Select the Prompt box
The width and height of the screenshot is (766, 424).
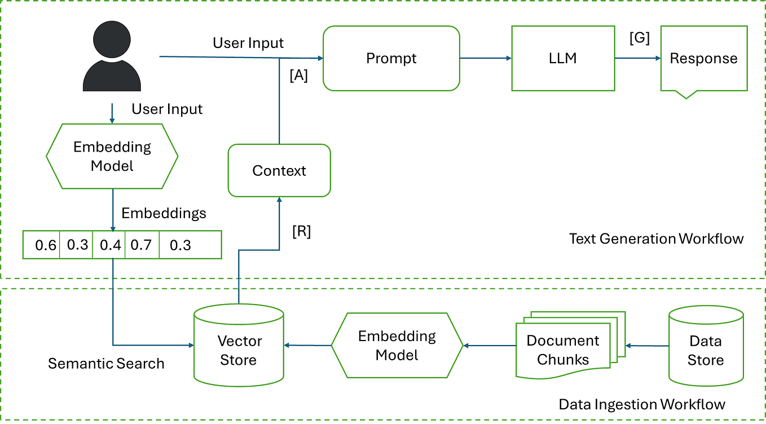tap(391, 58)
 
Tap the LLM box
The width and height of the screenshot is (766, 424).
tap(562, 58)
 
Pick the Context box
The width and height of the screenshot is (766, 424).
tap(279, 170)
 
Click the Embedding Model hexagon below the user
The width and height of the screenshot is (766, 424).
tap(112, 156)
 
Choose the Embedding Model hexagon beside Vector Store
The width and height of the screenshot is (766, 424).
tap(397, 346)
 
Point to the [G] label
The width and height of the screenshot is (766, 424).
tap(640, 38)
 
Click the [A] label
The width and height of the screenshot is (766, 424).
tap(298, 76)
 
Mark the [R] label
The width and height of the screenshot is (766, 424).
tap(301, 232)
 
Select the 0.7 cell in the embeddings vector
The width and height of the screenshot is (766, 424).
tap(141, 245)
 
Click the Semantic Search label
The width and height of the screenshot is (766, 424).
tap(106, 363)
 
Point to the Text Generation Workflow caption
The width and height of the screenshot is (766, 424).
tap(656, 238)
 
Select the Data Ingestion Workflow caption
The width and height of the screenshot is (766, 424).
tap(642, 404)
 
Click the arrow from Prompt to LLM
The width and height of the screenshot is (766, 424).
tap(485, 58)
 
